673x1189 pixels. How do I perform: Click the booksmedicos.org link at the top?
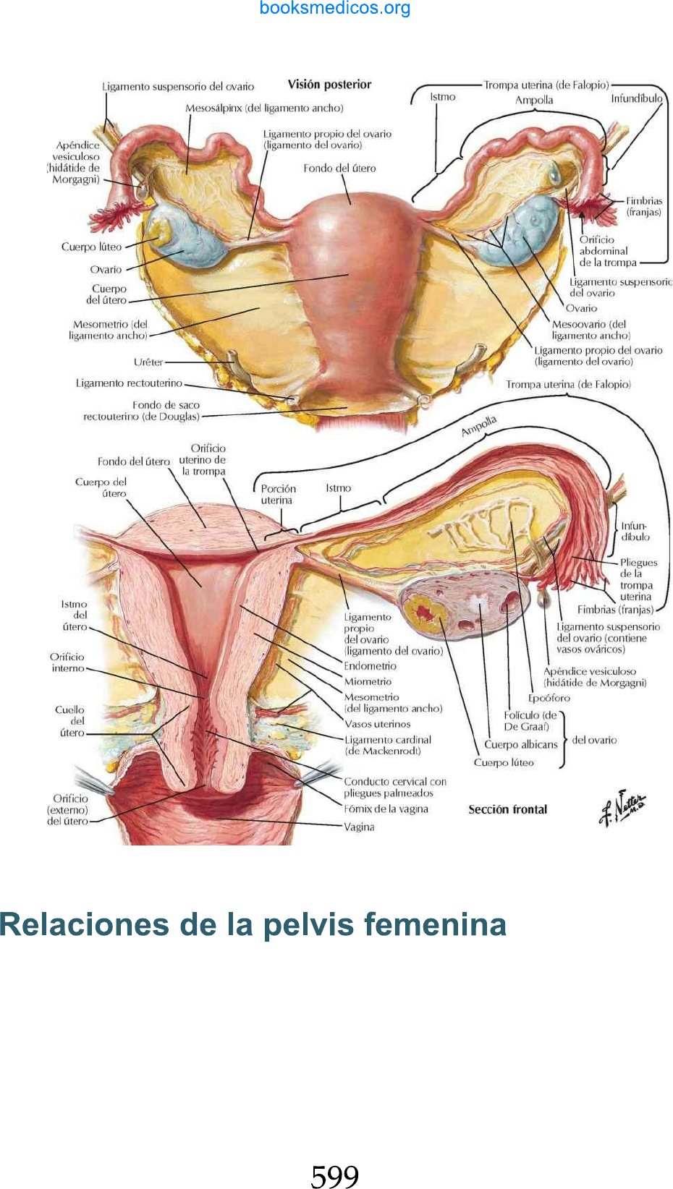pos(335,9)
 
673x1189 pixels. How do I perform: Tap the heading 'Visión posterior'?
pos(329,85)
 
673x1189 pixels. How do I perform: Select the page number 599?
pos(335,1176)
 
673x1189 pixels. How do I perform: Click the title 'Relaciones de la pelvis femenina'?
pos(253,924)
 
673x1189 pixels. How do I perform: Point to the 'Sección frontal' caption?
pos(507,809)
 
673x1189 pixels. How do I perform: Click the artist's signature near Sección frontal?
pos(622,808)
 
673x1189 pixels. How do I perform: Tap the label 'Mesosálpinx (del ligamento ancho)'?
pos(264,108)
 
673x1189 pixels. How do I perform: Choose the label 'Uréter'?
pos(148,362)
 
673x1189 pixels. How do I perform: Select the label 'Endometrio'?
pos(371,666)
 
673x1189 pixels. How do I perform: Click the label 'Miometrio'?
pos(368,681)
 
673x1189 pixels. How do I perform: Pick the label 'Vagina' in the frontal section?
pos(359,827)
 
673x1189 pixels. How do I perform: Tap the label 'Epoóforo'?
pos(549,698)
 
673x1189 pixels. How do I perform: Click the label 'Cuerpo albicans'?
pos(521,744)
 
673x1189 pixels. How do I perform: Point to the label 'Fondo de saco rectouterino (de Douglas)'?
pos(142,411)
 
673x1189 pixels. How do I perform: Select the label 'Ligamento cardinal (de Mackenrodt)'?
pos(388,745)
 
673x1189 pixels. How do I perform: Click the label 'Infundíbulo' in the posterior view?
pos(637,98)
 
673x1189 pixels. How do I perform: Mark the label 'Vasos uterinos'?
pos(377,724)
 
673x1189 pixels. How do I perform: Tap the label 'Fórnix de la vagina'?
pos(386,809)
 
